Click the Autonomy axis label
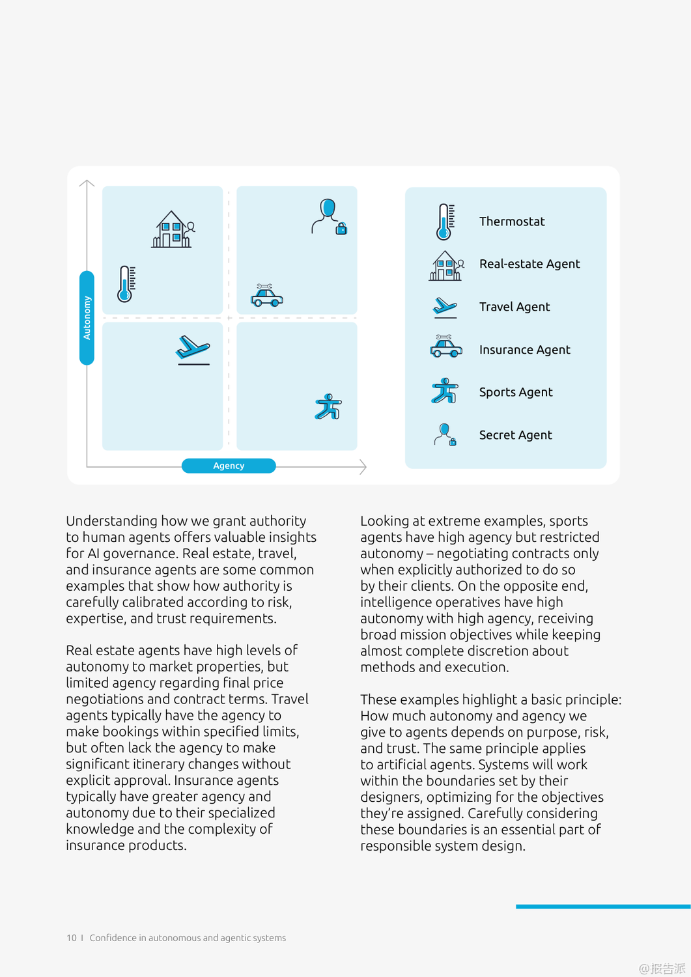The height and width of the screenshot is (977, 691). coord(87,318)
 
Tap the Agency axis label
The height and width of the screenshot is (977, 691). coord(229,466)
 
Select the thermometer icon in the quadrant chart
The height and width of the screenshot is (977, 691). coord(126,284)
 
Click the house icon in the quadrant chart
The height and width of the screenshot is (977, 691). coord(173,229)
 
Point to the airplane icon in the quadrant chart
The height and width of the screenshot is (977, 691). coord(193,349)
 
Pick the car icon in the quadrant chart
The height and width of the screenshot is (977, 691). coord(266,296)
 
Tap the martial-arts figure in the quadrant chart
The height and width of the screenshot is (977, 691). coord(329,407)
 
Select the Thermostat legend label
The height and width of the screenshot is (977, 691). coord(512,221)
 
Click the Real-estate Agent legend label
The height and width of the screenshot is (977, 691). coord(529,264)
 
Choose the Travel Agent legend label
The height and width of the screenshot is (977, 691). coord(515,307)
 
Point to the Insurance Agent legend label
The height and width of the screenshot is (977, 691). coord(524,350)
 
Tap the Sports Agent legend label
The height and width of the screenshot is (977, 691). coord(516,392)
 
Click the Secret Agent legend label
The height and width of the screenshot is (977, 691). coord(515,435)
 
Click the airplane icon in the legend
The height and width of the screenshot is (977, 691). coord(445,306)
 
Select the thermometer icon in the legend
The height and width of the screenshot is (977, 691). coord(445,221)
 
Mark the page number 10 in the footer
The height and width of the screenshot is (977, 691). coord(71,938)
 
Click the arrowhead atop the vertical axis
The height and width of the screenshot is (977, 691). coord(87,183)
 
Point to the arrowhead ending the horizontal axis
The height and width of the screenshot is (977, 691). coord(364,466)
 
